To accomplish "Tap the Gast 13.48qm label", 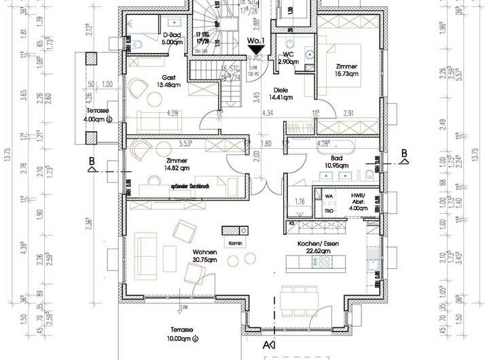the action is (170, 82).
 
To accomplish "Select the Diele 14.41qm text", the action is (283, 94).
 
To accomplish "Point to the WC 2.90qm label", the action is (287, 58).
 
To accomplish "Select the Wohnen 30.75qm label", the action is (204, 255).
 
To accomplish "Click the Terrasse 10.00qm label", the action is (183, 334).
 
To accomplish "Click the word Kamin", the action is (236, 242).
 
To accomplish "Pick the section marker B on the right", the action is (403, 153).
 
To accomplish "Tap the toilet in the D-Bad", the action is (137, 46).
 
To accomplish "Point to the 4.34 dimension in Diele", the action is (267, 113).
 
